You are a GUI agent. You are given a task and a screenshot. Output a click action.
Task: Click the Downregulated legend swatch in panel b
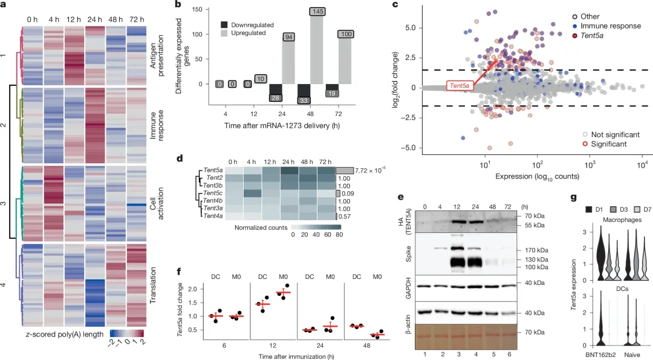point(226,25)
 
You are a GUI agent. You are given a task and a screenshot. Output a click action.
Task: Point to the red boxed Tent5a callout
point(460,86)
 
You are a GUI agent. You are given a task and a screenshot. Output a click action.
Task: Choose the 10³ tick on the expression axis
point(590,163)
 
